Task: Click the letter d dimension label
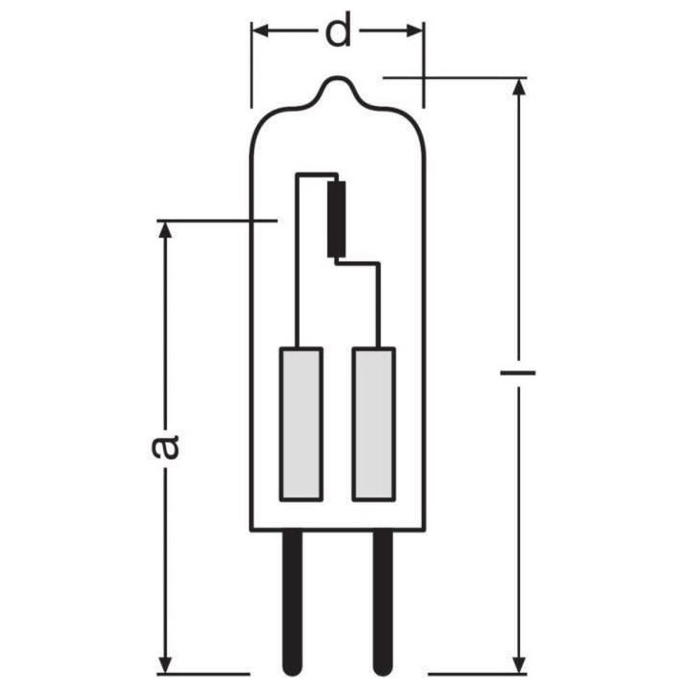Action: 338,31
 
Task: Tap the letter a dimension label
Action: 166,446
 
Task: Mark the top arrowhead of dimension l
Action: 518,88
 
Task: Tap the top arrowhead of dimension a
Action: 166,231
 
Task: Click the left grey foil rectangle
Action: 301,425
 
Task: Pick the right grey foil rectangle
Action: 373,425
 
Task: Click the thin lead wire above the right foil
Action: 381,305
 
